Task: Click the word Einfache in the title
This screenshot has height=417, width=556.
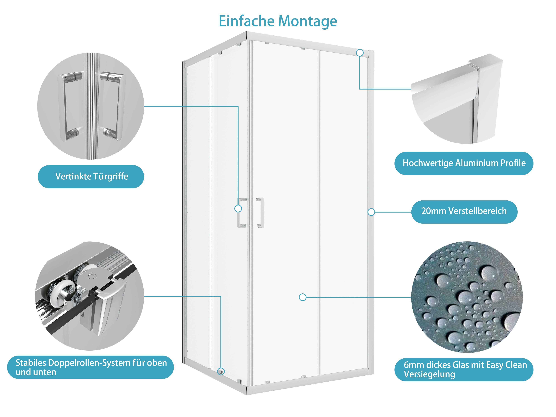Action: pyautogui.click(x=246, y=21)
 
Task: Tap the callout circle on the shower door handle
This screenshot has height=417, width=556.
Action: pyautogui.click(x=238, y=208)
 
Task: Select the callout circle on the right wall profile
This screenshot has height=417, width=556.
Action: pyautogui.click(x=371, y=212)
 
